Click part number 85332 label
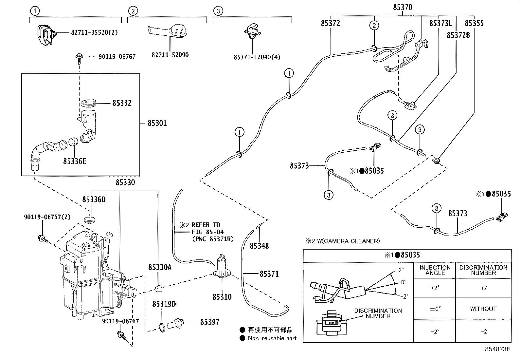click(x=122, y=103)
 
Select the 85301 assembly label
click(x=157, y=123)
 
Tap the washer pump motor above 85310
click(x=222, y=265)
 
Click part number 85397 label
click(x=210, y=322)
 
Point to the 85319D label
click(x=164, y=304)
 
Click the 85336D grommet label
click(x=94, y=199)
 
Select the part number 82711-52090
click(x=170, y=55)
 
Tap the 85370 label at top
click(x=402, y=8)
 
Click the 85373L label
click(x=440, y=23)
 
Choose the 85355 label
click(x=474, y=23)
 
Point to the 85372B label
click(x=458, y=35)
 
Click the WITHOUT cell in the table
click(x=483, y=309)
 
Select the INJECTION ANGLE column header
click(x=435, y=270)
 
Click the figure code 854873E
click(x=497, y=349)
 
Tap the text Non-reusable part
click(x=272, y=338)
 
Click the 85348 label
click(x=259, y=246)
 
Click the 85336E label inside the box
click(x=75, y=161)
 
